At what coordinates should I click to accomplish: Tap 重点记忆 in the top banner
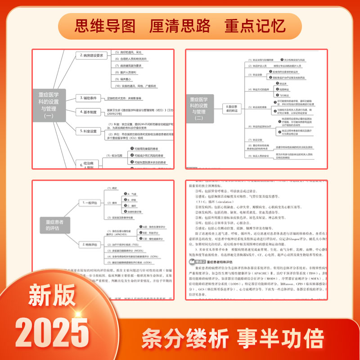(255, 25)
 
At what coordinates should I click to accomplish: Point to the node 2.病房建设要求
(92, 56)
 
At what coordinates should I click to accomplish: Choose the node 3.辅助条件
(88, 98)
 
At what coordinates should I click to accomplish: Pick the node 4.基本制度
(88, 112)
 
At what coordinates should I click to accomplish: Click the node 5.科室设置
(88, 131)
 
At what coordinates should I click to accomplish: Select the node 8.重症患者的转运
(232, 108)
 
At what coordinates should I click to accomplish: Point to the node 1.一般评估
(90, 203)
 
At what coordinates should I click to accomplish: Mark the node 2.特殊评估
(90, 244)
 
